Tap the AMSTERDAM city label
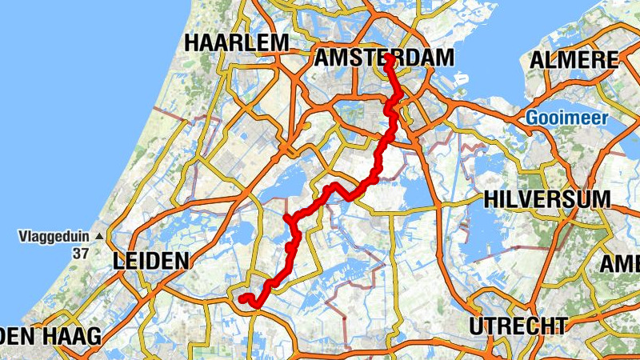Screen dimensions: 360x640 384,58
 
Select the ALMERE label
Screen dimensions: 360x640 575,60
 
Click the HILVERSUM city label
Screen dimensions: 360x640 547,199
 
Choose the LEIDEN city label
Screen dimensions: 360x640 151,261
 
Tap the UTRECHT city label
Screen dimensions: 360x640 518,326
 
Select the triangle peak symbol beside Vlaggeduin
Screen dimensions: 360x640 98,237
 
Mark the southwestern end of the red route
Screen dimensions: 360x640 242,299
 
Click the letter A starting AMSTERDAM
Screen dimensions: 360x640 323,58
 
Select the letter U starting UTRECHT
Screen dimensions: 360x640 478,326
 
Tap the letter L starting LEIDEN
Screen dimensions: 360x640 118,261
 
